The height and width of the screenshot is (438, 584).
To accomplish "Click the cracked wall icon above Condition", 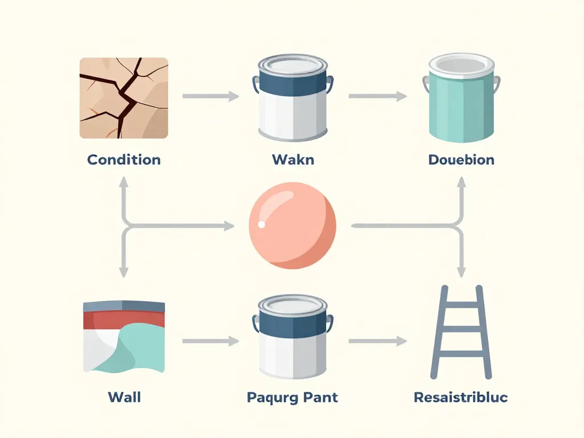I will [x=124, y=98].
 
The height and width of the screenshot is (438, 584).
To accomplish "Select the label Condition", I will [x=124, y=159].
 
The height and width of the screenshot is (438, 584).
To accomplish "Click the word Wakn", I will [x=293, y=159].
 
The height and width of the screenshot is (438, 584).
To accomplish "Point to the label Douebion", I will [x=461, y=159].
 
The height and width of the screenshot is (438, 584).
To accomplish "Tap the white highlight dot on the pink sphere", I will [x=262, y=224].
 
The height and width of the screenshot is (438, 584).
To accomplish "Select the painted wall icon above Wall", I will [x=124, y=336].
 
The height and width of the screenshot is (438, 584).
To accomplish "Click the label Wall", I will [x=124, y=396].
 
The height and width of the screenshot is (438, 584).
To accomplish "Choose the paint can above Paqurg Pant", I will [x=293, y=338].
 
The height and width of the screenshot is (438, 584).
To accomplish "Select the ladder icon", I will [x=461, y=332].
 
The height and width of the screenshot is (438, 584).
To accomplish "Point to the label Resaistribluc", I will [x=461, y=396].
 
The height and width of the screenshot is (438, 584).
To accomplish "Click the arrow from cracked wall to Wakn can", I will [x=210, y=96].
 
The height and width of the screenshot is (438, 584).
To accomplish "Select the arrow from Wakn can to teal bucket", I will [x=377, y=96].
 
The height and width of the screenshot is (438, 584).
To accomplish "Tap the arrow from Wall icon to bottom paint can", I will [x=210, y=342].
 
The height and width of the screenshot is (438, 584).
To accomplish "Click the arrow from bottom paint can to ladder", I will [x=377, y=342].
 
